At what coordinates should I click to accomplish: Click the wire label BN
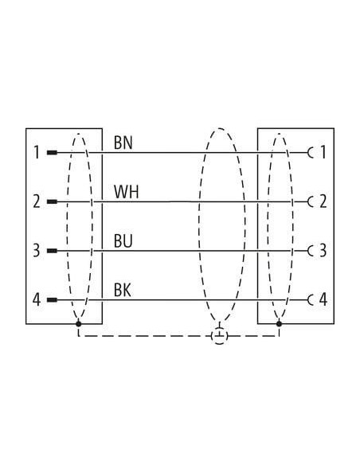pyautogui.click(x=123, y=143)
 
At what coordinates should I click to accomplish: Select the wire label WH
pyautogui.click(x=127, y=192)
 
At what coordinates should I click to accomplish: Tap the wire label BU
pyautogui.click(x=123, y=241)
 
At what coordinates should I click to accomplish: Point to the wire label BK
pyautogui.click(x=123, y=290)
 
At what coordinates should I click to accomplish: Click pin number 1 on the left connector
pyautogui.click(x=37, y=152)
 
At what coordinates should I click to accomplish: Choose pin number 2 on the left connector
pyautogui.click(x=37, y=201)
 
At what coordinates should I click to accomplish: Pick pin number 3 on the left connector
pyautogui.click(x=36, y=251)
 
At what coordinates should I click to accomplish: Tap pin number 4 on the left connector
pyautogui.click(x=37, y=299)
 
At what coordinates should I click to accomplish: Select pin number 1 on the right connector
pyautogui.click(x=323, y=152)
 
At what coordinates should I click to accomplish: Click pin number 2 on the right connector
pyautogui.click(x=323, y=201)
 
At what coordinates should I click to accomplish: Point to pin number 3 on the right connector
pyautogui.click(x=323, y=251)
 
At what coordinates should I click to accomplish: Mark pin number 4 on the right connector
pyautogui.click(x=323, y=299)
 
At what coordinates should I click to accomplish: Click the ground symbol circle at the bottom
pyautogui.click(x=220, y=336)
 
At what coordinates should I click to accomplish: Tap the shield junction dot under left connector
pyautogui.click(x=79, y=323)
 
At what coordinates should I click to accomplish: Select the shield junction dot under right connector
pyautogui.click(x=279, y=323)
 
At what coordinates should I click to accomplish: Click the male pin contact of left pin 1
pyautogui.click(x=52, y=153)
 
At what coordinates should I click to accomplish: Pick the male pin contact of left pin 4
pyautogui.click(x=52, y=300)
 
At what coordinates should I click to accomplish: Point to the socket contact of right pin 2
pyautogui.click(x=309, y=202)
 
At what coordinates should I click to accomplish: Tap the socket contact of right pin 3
pyautogui.click(x=309, y=251)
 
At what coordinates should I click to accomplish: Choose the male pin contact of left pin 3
pyautogui.click(x=52, y=251)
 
